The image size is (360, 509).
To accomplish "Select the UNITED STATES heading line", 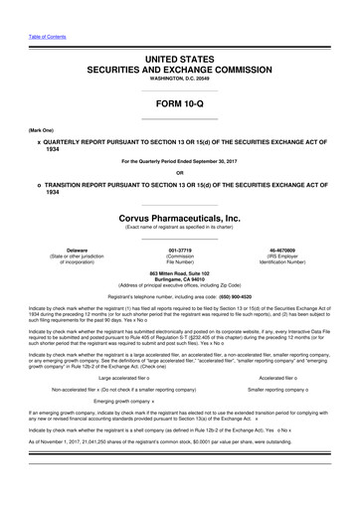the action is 179,61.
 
